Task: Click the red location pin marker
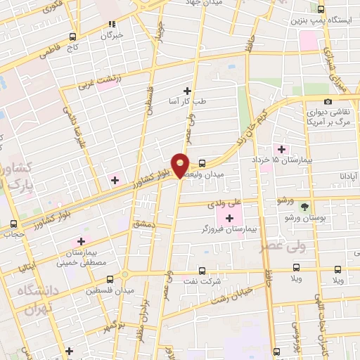click(x=181, y=165)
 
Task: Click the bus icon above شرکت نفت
click(x=202, y=270)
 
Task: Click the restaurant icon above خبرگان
click(x=111, y=23)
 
